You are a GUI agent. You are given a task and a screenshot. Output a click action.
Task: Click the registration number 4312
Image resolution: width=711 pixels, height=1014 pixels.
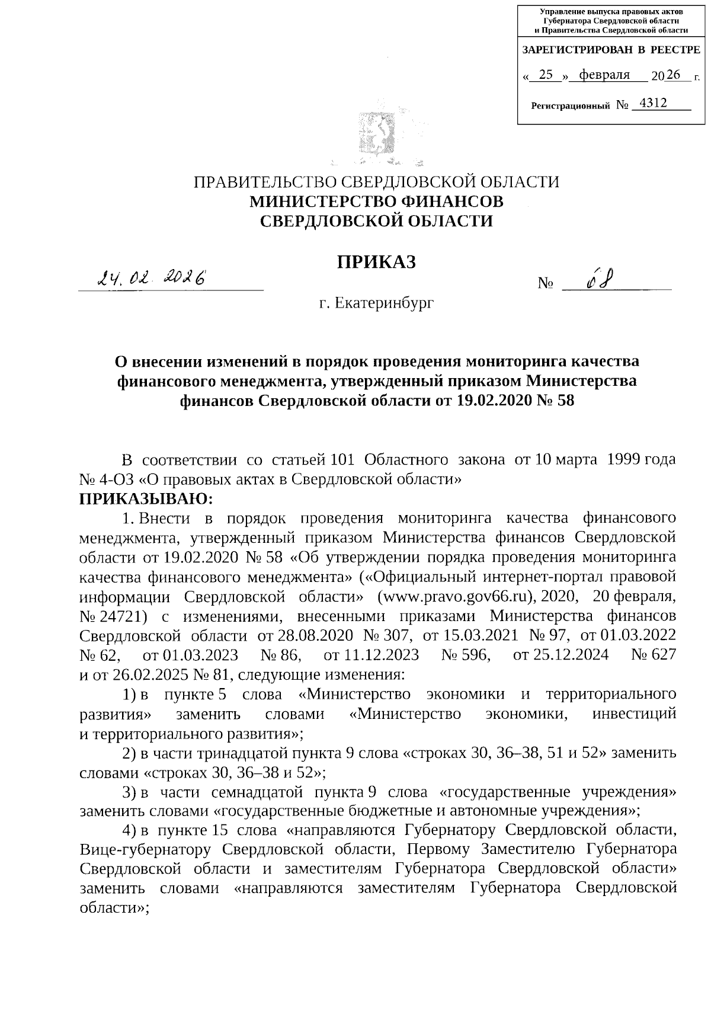(x=649, y=104)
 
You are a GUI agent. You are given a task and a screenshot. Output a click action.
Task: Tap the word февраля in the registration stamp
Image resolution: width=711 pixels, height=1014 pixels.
(x=604, y=75)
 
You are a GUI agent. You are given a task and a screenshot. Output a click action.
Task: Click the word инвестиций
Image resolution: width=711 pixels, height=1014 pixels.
(x=634, y=714)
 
